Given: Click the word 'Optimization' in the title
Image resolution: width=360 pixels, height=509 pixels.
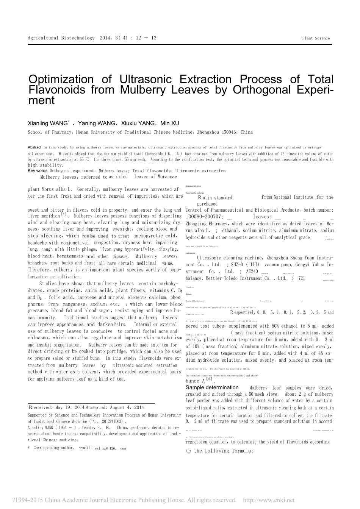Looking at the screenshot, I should pos(61,80).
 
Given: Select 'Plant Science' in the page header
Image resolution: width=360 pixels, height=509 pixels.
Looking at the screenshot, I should pos(316,38).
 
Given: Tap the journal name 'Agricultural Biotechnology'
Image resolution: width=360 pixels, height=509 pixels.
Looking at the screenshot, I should pos(61,38).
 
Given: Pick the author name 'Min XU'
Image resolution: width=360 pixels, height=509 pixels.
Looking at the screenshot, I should pos(170,123).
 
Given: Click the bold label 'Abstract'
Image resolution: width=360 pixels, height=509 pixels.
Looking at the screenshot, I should pos(34,147).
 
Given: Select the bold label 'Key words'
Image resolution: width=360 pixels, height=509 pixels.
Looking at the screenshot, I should pos(38,171).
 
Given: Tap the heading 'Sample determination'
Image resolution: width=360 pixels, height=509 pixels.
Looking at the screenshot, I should pos(212,387).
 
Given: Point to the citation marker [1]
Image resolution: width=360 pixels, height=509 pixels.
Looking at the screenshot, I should pos(64,214).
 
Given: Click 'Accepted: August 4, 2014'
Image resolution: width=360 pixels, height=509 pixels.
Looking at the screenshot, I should pos(115,408).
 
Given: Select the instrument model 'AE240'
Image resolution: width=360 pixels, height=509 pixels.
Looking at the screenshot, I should pos(252,272).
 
